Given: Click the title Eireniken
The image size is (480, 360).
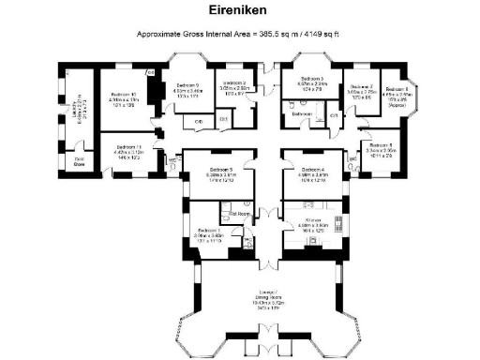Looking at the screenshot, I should (240, 12).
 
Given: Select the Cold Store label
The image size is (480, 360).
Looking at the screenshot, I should (80, 160).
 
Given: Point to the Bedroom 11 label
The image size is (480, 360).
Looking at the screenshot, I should (127, 147).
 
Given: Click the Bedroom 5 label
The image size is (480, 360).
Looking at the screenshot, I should (217, 169).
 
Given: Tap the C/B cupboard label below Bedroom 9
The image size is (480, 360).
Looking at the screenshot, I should (199, 122).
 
